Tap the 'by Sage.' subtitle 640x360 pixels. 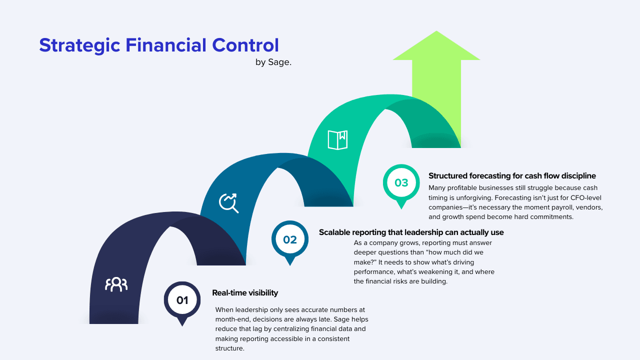pyautogui.click(x=273, y=63)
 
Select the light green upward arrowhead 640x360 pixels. pyautogui.click(x=436, y=47)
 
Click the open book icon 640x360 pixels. pyautogui.click(x=337, y=140)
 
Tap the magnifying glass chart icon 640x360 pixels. pyautogui.click(x=229, y=202)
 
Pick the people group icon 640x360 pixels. pyautogui.click(x=116, y=284)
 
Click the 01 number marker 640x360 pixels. pyautogui.click(x=182, y=300)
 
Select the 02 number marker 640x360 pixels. pyautogui.click(x=290, y=239)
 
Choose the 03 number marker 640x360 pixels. pyautogui.click(x=401, y=183)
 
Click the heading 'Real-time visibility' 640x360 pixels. pyautogui.click(x=245, y=293)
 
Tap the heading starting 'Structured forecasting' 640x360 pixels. pyautogui.click(x=512, y=176)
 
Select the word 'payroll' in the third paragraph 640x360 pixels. pyautogui.click(x=548, y=207)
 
